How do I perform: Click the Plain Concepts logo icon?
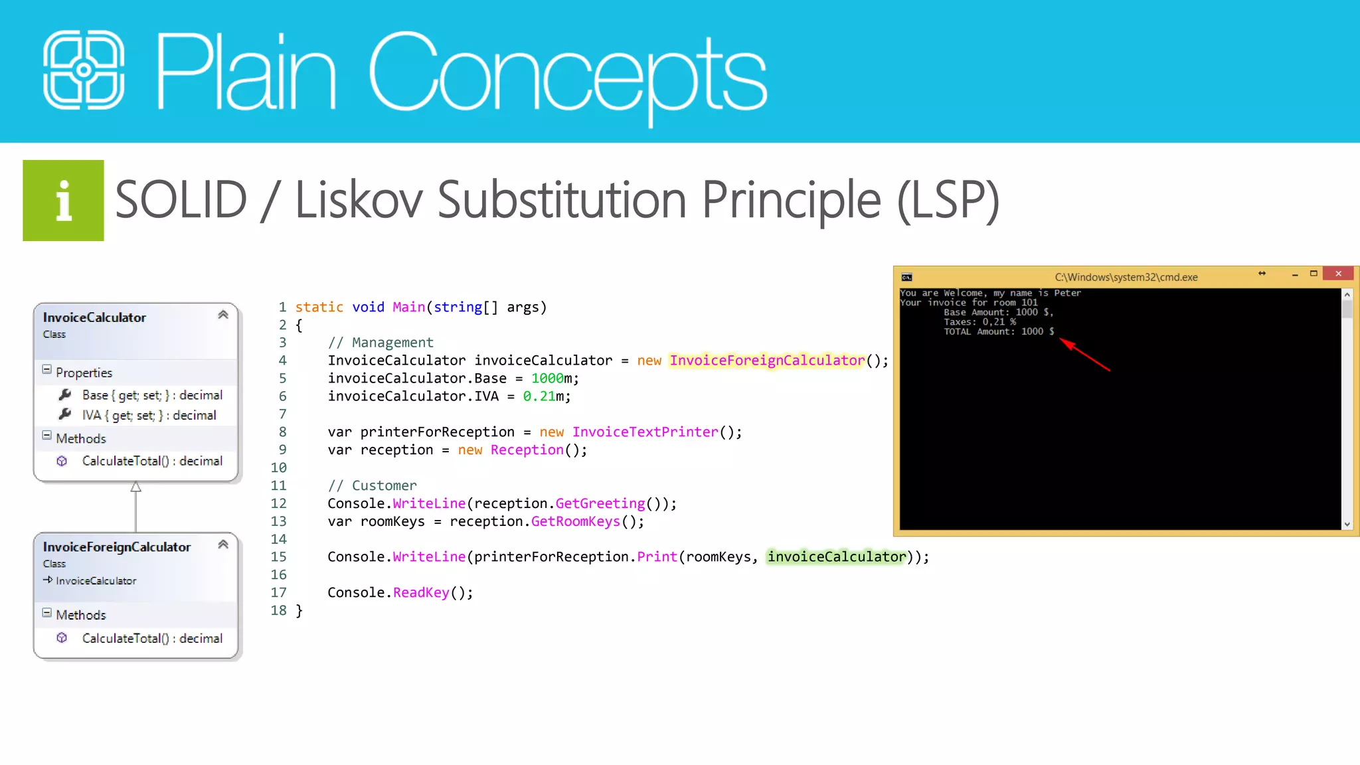click(84, 70)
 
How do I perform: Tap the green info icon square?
click(63, 201)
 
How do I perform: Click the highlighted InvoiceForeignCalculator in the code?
click(767, 361)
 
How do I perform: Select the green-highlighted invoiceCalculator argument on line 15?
click(837, 557)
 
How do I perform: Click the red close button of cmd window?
click(1338, 274)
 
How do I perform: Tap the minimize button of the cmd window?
click(1295, 274)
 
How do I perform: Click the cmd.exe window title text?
click(1126, 278)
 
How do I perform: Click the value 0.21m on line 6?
click(546, 396)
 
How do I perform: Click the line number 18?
click(279, 610)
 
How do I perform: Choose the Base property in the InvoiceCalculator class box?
click(151, 395)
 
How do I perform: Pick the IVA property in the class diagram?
click(149, 416)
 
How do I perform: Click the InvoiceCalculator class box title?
click(94, 317)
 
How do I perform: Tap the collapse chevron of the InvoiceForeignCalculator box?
click(223, 545)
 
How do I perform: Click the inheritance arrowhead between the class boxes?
click(135, 487)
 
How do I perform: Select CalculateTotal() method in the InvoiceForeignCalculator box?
click(151, 638)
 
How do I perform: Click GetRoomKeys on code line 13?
click(575, 522)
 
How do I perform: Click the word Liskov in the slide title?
click(359, 200)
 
